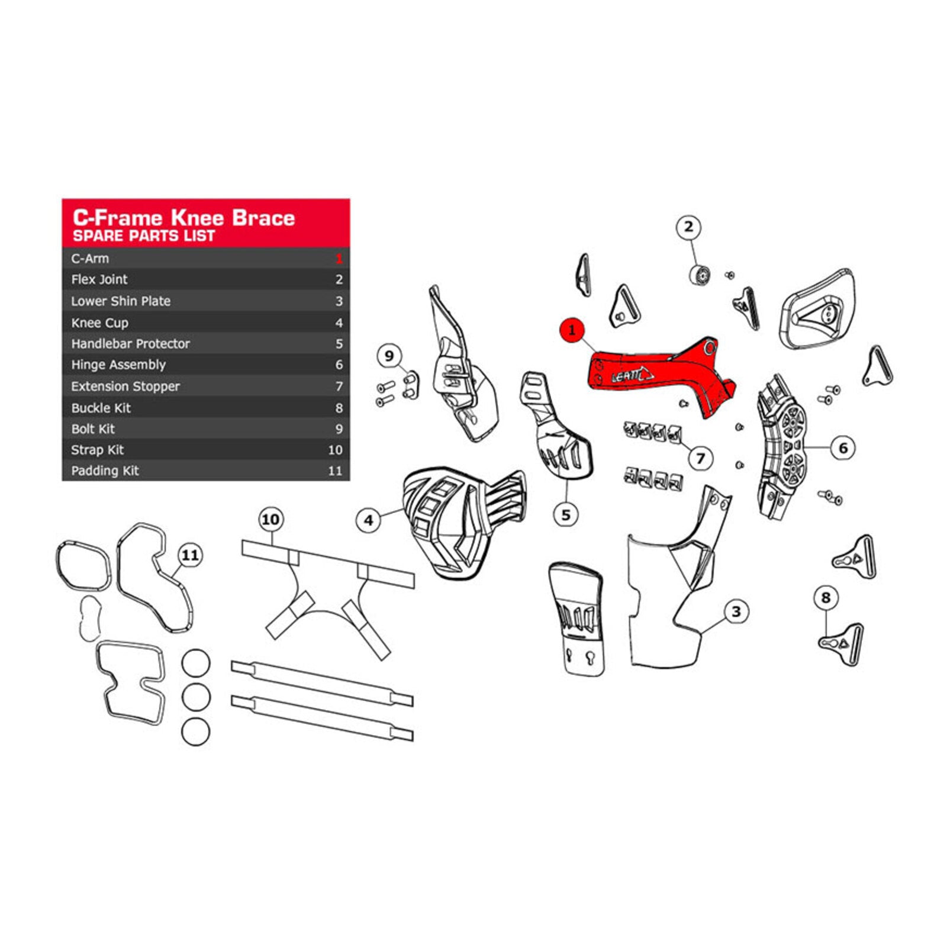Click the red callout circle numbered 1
pyautogui.click(x=572, y=330)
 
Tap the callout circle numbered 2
pyautogui.click(x=688, y=227)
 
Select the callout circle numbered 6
pyautogui.click(x=843, y=448)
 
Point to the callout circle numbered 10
pyautogui.click(x=270, y=520)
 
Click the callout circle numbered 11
pyautogui.click(x=190, y=555)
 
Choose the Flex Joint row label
pyautogui.click(x=99, y=279)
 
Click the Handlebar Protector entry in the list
pyautogui.click(x=130, y=343)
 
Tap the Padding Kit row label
pyautogui.click(x=105, y=471)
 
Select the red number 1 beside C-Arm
pyautogui.click(x=339, y=259)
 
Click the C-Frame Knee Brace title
pyautogui.click(x=183, y=218)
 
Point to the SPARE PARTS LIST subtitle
pyautogui.click(x=144, y=236)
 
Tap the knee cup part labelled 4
pyautogui.click(x=456, y=521)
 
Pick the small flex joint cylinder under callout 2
pyautogui.click(x=700, y=275)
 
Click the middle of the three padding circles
pyautogui.click(x=196, y=697)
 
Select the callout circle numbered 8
pyautogui.click(x=826, y=597)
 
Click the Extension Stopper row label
pyautogui.click(x=125, y=386)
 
